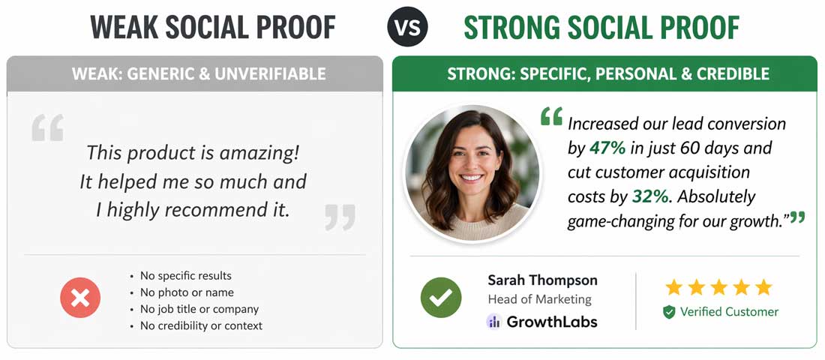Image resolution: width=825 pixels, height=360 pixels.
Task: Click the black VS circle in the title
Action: click(x=407, y=28)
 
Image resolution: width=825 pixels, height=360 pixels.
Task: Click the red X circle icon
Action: click(x=80, y=299)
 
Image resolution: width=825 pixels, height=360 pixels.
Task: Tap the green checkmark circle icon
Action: click(x=440, y=297)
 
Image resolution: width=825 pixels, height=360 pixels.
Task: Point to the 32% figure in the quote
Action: click(x=649, y=196)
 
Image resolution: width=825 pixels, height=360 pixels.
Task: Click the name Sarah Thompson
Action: click(x=542, y=280)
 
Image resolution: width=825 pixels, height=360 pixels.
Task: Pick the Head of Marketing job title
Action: click(x=539, y=299)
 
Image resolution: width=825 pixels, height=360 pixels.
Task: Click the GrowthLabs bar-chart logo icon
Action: click(x=493, y=322)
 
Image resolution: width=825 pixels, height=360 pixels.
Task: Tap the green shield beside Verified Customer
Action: click(x=669, y=312)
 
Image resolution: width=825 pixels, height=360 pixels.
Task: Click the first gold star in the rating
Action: click(x=673, y=287)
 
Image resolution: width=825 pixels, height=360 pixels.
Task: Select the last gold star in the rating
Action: click(x=763, y=287)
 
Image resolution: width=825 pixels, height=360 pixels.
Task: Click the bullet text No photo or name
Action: click(x=187, y=292)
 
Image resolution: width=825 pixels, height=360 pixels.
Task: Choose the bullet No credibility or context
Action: click(x=201, y=325)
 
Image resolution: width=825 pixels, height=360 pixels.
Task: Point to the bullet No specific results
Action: click(x=185, y=276)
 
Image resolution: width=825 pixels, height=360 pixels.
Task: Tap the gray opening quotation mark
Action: click(x=47, y=128)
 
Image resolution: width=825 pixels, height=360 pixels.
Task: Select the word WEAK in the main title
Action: click(x=122, y=28)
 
